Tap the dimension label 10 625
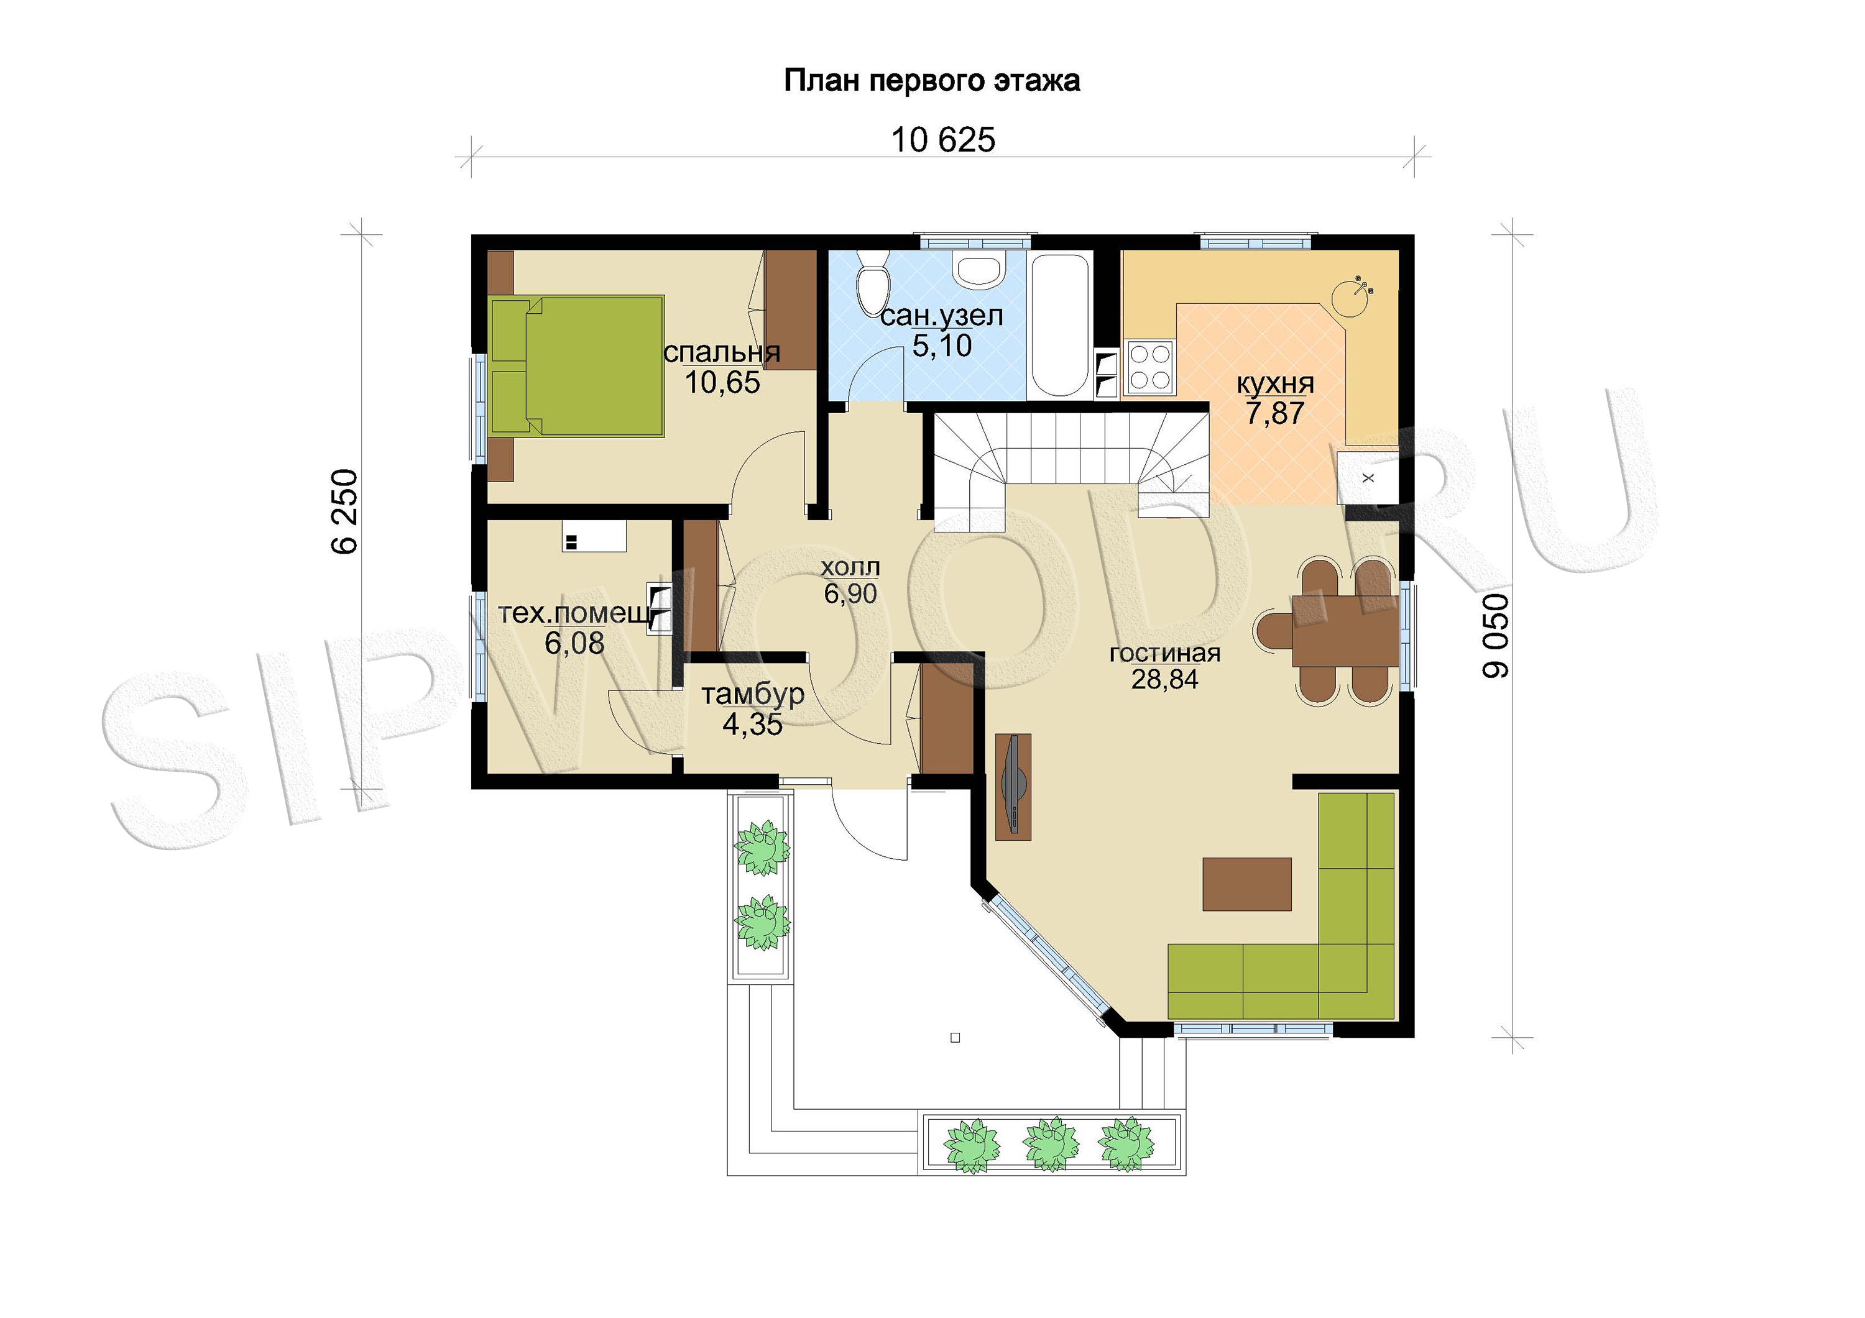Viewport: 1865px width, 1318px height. coord(943,140)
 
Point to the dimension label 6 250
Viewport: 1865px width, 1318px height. coord(345,511)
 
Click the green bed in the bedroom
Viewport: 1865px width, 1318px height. coord(577,366)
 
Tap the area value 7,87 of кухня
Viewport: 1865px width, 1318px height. coord(1274,413)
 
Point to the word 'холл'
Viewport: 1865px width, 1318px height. coord(850,567)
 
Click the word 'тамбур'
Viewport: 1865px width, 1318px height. coord(753,694)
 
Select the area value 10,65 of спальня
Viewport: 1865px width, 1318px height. coord(722,383)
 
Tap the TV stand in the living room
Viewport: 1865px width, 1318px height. coord(1013,786)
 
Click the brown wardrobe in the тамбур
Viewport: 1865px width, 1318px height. coord(946,720)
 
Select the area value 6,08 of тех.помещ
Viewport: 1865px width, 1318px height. coord(574,643)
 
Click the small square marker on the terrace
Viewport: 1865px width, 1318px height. coord(956,1038)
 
